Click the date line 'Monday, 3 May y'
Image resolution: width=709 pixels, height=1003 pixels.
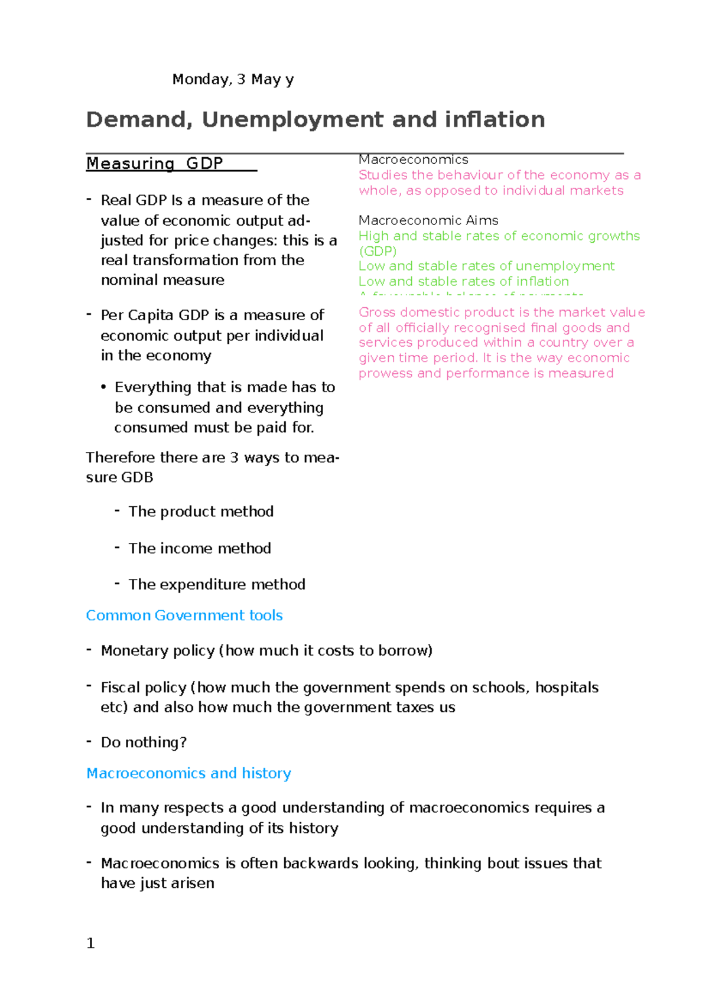tap(233, 79)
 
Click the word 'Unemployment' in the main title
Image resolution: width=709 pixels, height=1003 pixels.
tap(292, 120)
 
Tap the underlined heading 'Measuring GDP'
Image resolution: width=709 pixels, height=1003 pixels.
tap(155, 164)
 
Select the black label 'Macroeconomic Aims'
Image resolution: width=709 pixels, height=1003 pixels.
tap(428, 220)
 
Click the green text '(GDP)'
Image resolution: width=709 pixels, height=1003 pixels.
tap(378, 250)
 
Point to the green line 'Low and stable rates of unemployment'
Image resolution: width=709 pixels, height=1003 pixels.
tap(486, 266)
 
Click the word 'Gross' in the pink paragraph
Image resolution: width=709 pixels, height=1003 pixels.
tap(376, 312)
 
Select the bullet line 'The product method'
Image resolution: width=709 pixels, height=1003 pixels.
tap(201, 512)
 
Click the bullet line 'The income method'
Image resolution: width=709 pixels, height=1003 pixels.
tap(200, 548)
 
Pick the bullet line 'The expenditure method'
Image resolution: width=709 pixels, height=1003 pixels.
tap(217, 584)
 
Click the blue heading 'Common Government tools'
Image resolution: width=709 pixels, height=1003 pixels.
tap(184, 616)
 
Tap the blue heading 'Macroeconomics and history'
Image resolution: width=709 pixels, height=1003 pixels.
tap(188, 773)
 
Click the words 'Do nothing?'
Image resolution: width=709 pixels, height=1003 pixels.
tap(144, 743)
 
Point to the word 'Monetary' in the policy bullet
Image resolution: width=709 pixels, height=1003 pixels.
tap(128, 650)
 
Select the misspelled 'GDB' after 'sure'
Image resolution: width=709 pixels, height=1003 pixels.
tap(136, 477)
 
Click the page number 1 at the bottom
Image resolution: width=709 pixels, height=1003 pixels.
tap(90, 943)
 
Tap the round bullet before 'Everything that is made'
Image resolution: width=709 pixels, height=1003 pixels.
tap(103, 387)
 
